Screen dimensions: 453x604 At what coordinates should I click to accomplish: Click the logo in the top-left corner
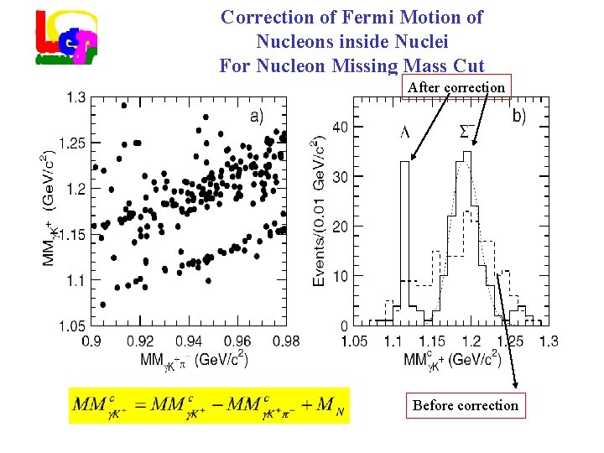66,37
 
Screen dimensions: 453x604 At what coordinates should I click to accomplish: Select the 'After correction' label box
456,86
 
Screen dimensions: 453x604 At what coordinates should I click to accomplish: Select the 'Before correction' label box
466,405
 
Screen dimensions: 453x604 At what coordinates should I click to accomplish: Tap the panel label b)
519,117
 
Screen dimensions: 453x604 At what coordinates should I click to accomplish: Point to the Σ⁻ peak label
468,129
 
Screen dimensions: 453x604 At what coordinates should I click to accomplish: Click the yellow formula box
209,406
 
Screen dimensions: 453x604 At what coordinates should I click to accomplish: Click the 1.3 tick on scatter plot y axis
75,98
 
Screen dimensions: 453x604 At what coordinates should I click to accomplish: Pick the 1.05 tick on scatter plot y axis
71,325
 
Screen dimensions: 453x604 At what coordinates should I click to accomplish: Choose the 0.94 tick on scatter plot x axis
189,341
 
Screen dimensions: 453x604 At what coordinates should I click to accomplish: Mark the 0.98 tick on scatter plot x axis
286,341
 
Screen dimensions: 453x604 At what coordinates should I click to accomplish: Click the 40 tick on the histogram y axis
341,127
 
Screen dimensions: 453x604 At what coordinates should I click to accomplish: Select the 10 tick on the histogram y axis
341,276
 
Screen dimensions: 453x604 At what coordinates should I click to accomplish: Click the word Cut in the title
466,65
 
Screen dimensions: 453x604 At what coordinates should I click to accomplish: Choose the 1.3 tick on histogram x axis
549,341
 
